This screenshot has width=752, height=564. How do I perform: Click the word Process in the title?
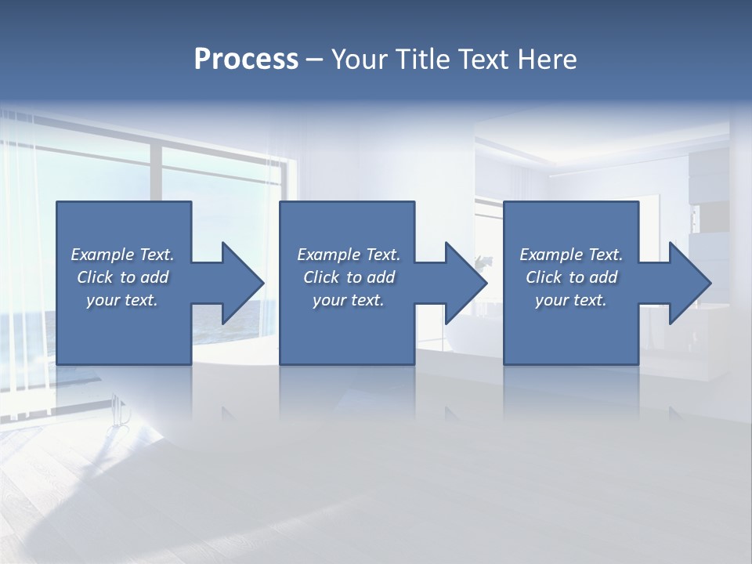pyautogui.click(x=246, y=60)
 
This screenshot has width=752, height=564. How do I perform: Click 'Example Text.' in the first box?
pyautogui.click(x=122, y=255)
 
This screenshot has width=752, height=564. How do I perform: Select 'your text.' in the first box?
pyautogui.click(x=122, y=300)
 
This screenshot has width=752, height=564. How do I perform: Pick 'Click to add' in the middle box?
pyautogui.click(x=349, y=277)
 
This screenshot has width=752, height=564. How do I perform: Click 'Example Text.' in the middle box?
pyautogui.click(x=349, y=255)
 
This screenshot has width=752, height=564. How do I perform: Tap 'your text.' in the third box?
pyautogui.click(x=571, y=300)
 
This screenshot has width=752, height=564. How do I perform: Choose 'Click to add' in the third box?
pyautogui.click(x=571, y=277)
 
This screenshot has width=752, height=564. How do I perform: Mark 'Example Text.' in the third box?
pyautogui.click(x=571, y=255)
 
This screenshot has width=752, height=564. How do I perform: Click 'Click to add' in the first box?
pyautogui.click(x=122, y=277)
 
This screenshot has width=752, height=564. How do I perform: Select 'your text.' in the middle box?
pyautogui.click(x=349, y=300)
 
